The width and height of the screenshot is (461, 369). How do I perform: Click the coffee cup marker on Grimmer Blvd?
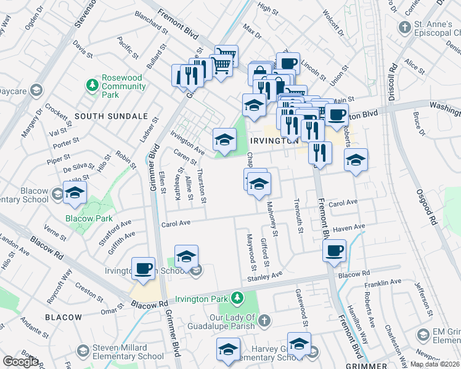coord(143,269)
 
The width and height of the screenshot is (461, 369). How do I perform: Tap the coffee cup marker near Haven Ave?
coord(334,251)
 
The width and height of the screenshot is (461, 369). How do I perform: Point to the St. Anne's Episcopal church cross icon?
coord(404,28)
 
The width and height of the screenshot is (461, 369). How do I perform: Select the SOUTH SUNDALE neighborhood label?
coord(111,116)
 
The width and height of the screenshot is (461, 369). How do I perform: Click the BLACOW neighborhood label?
coord(63,317)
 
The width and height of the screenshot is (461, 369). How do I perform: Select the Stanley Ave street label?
coord(264,277)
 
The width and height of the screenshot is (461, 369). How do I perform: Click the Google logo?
coord(20,362)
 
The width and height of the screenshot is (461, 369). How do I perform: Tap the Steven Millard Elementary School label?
coord(128,352)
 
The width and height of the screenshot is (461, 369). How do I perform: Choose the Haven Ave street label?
coord(349,228)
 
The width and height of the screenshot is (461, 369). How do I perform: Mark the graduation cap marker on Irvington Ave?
coord(224,140)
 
